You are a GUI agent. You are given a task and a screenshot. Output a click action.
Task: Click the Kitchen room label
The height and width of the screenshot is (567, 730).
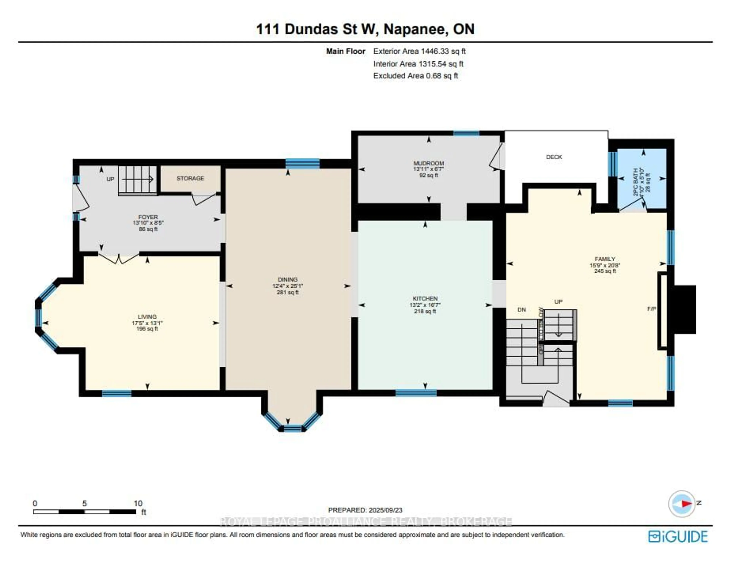pyautogui.click(x=425, y=298)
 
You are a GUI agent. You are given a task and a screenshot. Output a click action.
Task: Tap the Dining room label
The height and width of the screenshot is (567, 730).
pyautogui.click(x=287, y=279)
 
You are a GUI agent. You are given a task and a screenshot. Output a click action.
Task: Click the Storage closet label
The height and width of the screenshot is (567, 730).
pyautogui.click(x=190, y=178)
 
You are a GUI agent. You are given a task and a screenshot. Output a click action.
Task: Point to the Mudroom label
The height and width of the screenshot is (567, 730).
pyautogui.click(x=428, y=163)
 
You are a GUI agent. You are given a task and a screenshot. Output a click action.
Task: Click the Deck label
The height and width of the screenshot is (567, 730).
pyautogui.click(x=554, y=157)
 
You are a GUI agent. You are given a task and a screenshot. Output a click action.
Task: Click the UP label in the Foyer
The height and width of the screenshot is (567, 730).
pyautogui.click(x=110, y=179)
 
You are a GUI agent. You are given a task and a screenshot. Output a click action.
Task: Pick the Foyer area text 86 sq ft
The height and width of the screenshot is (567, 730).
pyautogui.click(x=148, y=229)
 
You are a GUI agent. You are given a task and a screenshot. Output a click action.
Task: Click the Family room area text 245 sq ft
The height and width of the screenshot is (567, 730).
pyautogui.click(x=605, y=271)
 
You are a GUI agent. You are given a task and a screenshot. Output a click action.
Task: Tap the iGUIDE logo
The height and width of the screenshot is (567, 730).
pyautogui.click(x=678, y=537)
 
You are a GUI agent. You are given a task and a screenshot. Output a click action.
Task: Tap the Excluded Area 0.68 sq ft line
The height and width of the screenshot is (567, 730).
pyautogui.click(x=415, y=76)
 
